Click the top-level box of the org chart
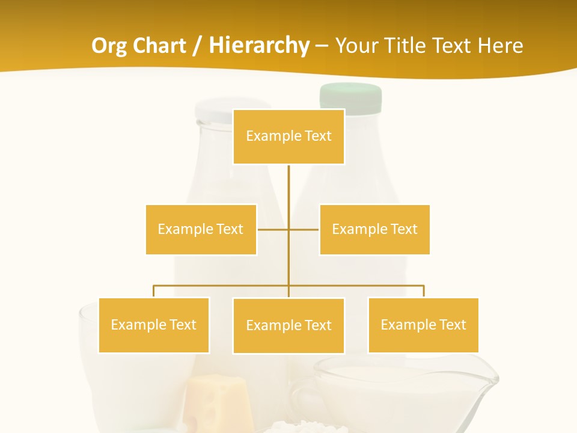click(x=288, y=137)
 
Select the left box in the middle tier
click(x=201, y=229)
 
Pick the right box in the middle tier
click(x=374, y=229)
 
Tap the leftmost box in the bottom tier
click(x=154, y=325)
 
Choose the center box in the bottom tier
click(x=288, y=325)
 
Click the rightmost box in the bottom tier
click(x=423, y=325)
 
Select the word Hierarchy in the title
click(x=259, y=46)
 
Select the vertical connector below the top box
click(x=288, y=192)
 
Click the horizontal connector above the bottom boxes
click(x=222, y=286)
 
